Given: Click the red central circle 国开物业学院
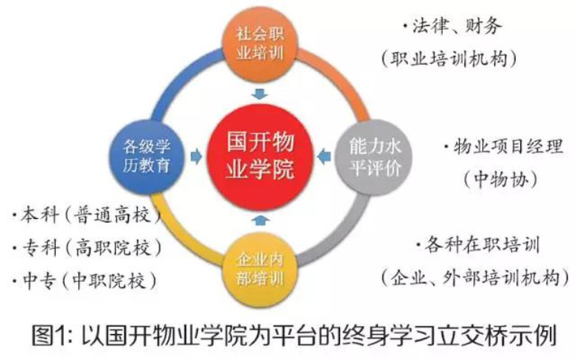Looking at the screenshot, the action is (260, 157).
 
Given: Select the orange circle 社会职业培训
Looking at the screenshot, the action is (260, 44).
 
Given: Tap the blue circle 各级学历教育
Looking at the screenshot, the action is (147, 156).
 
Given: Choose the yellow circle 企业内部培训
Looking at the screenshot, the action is (260, 270).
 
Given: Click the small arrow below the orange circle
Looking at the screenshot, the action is (260, 94).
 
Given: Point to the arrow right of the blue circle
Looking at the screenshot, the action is (196, 156).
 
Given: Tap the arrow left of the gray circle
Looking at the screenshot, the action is (325, 156).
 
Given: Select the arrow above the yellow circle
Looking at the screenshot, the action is (260, 220).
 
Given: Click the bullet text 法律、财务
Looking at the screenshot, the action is (452, 27).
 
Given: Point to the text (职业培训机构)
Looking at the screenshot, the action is (449, 58).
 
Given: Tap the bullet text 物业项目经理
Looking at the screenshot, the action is (504, 147).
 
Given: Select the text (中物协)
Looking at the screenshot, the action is (501, 180).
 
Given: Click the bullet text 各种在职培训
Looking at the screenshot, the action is (478, 245).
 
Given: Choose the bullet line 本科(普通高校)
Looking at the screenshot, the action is (87, 215).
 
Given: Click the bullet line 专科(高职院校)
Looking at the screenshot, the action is (87, 248).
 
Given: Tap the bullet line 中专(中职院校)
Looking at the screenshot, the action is (84, 281).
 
